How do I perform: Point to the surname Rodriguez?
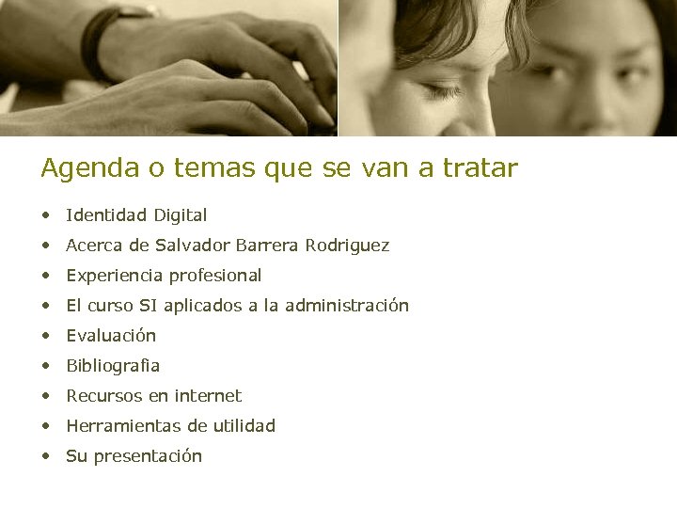pos(347,246)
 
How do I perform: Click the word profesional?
pos(215,276)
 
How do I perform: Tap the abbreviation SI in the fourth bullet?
pos(149,306)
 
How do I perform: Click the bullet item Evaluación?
pos(111,336)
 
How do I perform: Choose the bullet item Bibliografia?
pos(113,366)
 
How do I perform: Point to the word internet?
pos(208,396)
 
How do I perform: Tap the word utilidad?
pos(244,426)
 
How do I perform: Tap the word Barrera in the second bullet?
pos(267,246)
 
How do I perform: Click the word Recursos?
pos(102,396)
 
